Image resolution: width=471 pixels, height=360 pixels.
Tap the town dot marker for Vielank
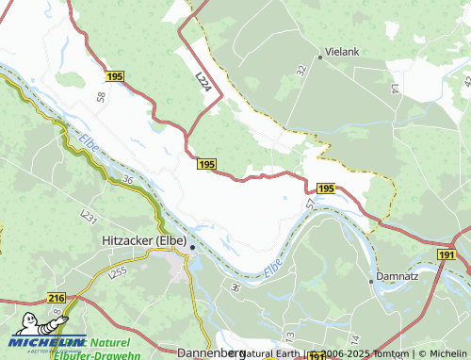tap(320, 57)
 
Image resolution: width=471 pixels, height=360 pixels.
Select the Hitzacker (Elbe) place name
tap(142, 240)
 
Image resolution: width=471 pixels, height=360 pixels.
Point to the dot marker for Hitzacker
tap(192, 248)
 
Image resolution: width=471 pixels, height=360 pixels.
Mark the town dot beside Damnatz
tap(376, 278)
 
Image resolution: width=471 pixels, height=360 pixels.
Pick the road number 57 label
tap(309, 202)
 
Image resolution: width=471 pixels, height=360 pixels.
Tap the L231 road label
tap(89, 219)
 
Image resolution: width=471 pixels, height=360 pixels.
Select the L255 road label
tap(118, 271)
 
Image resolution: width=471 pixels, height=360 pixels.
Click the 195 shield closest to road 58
tap(115, 75)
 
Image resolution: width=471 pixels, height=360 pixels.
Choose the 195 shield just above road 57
tap(325, 189)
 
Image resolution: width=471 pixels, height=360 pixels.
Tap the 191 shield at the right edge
tap(447, 255)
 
